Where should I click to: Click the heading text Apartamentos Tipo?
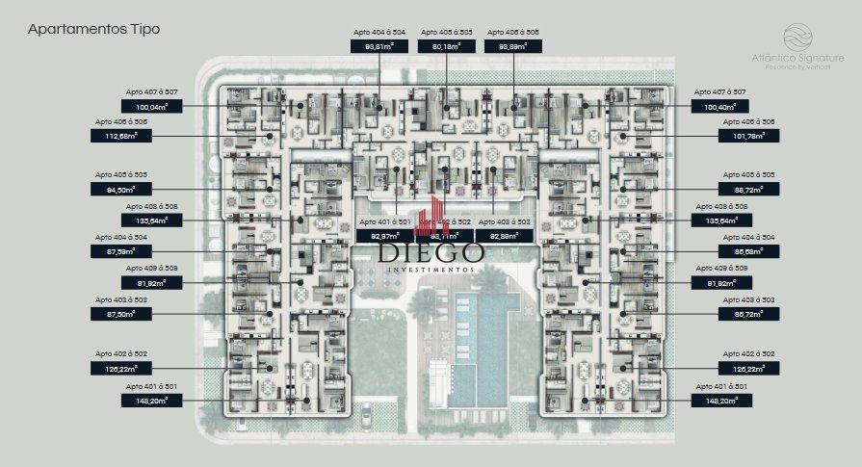point(93,30)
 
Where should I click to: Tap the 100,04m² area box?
point(150,106)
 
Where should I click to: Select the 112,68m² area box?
point(150,136)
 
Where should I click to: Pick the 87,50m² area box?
point(150,314)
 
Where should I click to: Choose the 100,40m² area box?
point(721,106)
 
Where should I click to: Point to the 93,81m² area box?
point(379,45)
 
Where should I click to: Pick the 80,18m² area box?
point(446,45)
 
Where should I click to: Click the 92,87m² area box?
point(384,234)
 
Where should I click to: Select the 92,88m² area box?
point(505,234)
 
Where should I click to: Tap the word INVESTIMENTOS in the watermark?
point(431,270)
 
